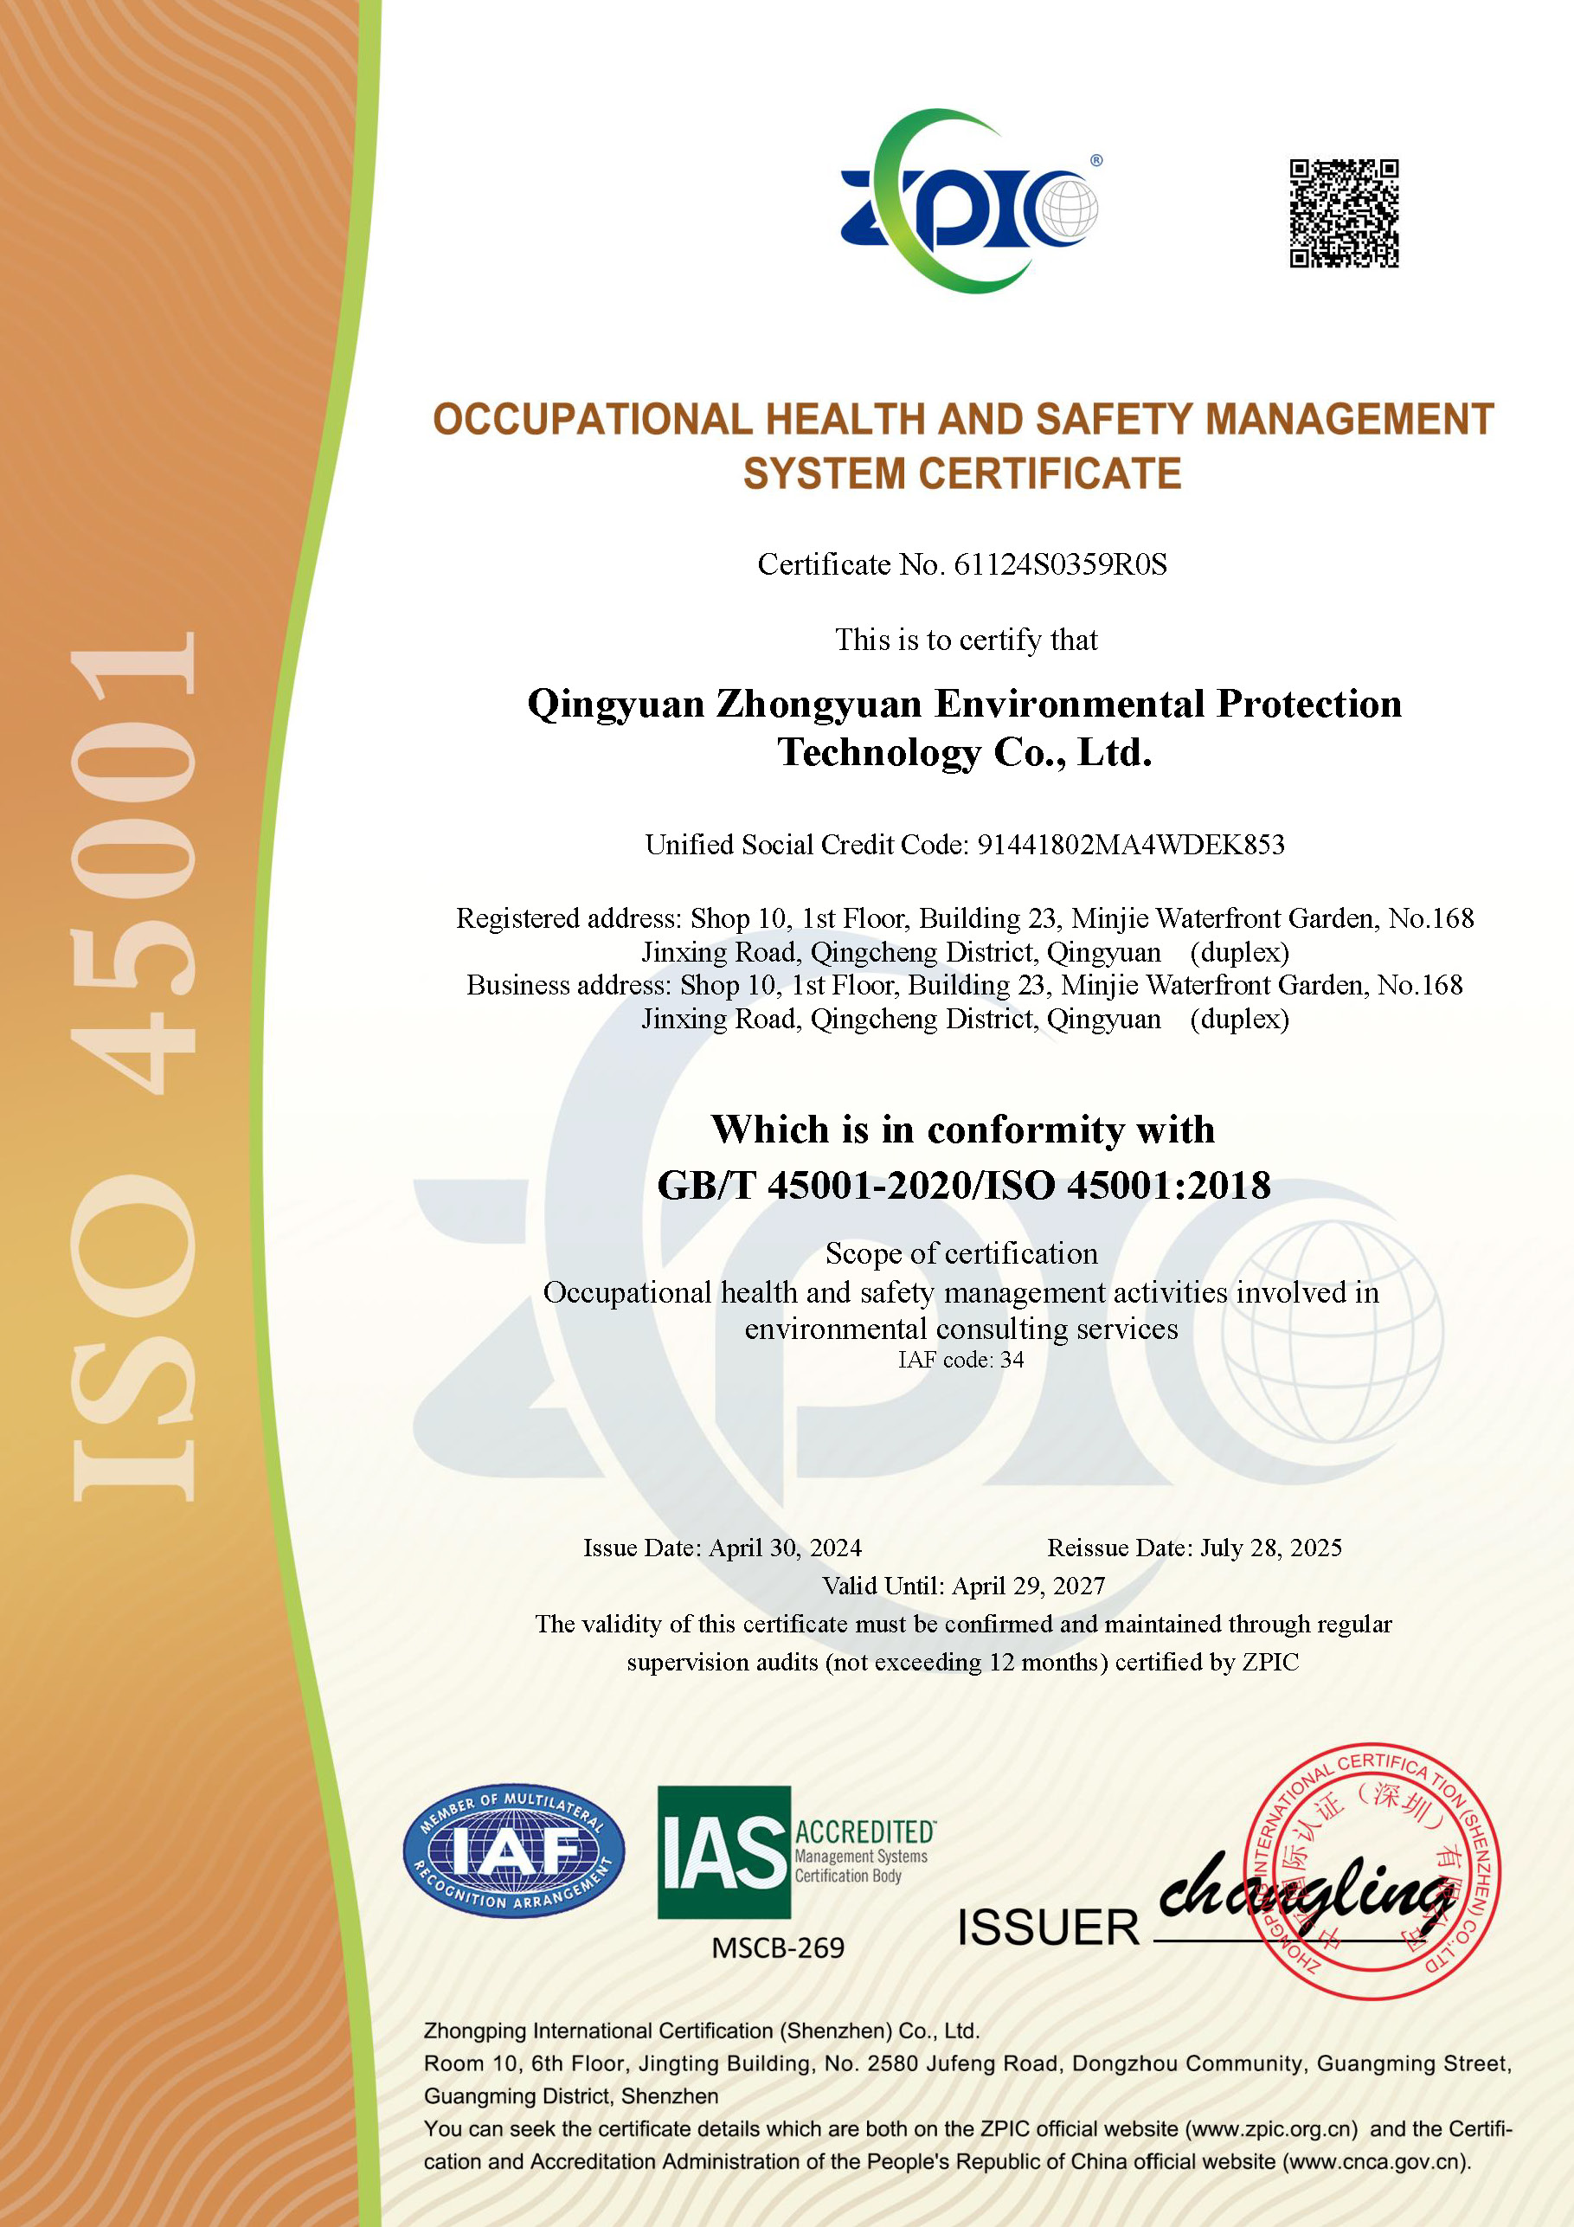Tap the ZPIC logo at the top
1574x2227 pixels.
[x=968, y=202]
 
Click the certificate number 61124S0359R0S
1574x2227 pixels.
[x=1060, y=564]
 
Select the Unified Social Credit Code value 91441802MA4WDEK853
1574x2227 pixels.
[x=1130, y=845]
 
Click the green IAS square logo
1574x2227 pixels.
[x=723, y=1851]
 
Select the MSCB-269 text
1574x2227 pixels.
[x=778, y=1947]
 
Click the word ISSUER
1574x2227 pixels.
[x=1047, y=1928]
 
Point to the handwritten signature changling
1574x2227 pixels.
[x=1304, y=1887]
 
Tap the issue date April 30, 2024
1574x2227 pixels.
[x=785, y=1548]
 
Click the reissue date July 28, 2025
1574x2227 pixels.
[x=1270, y=1548]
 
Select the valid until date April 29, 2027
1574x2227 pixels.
[x=1028, y=1586]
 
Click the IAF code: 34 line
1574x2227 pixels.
[x=960, y=1360]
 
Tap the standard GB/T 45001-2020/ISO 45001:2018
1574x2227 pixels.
[x=963, y=1185]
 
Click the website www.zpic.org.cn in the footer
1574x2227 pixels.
[x=1271, y=2129]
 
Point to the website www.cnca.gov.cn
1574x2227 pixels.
[x=1375, y=2161]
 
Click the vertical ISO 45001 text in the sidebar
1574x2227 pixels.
[x=133, y=1067]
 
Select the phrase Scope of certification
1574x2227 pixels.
[x=961, y=1253]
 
